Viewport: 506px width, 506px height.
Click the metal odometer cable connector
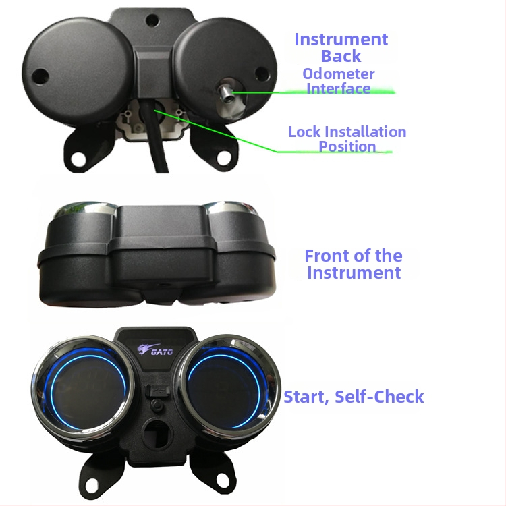[226, 92]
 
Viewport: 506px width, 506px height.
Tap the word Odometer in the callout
[339, 74]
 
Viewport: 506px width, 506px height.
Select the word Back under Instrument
[341, 56]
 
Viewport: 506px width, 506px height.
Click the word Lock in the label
[304, 132]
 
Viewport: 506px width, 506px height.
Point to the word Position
[347, 146]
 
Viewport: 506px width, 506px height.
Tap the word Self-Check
[379, 397]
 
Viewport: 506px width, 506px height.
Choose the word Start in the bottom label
[306, 397]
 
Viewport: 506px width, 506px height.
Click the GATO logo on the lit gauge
[155, 349]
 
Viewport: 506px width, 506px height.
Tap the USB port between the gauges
[157, 391]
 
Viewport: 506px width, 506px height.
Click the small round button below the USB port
[157, 405]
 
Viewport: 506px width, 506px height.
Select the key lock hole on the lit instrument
[157, 433]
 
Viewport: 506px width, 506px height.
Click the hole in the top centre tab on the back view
[152, 20]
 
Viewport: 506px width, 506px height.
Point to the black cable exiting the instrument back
[156, 136]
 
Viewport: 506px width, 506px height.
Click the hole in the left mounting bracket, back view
[78, 159]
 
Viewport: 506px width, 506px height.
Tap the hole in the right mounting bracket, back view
[223, 158]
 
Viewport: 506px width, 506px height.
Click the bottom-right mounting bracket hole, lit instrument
[223, 480]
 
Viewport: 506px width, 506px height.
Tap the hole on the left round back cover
[40, 76]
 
